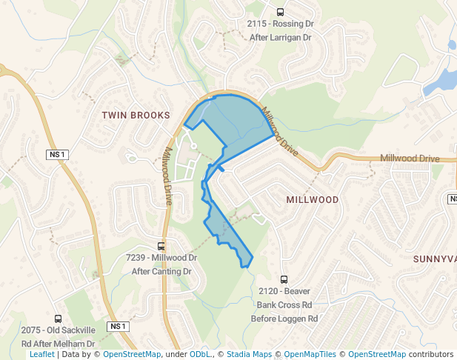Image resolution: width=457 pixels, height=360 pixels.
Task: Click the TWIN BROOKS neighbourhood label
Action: pos(136,115)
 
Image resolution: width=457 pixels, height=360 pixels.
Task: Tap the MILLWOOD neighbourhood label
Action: pos(312,200)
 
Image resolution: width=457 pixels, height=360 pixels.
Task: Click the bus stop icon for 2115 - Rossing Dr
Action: pos(280,12)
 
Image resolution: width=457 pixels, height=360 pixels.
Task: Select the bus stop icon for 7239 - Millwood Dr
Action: pos(161,246)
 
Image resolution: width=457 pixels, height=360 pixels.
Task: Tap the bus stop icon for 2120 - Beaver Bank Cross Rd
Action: pos(285,278)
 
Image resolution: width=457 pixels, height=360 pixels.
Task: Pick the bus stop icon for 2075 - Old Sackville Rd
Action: pos(58,319)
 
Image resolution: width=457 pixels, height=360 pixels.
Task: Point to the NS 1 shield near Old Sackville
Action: pos(118,327)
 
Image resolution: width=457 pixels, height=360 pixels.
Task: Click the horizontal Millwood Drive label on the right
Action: pos(410,159)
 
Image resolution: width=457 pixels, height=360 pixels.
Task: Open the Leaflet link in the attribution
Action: pos(41,355)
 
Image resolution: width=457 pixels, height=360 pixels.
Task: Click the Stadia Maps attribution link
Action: pos(250,355)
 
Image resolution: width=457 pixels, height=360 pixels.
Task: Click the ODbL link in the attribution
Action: pos(199,355)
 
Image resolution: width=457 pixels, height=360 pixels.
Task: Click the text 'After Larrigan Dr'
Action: pos(280,37)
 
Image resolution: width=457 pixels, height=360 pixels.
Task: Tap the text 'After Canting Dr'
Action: pos(161,271)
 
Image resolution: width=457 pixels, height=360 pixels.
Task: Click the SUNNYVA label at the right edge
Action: pos(435,259)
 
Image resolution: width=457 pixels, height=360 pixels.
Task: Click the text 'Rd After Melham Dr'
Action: pos(58,344)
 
